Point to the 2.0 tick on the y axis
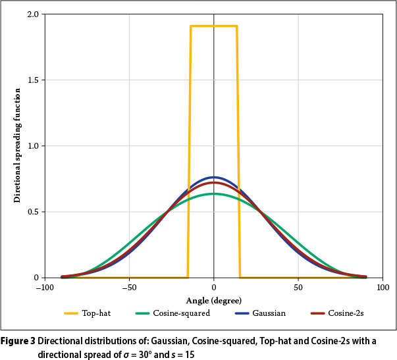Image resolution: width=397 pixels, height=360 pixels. pos(33,14)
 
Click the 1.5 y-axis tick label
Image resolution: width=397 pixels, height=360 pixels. pos(33,80)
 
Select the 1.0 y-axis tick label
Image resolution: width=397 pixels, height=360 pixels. pos(33,146)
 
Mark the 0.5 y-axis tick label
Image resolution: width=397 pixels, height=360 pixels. pos(33,212)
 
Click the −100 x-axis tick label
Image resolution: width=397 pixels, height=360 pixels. pos(44,288)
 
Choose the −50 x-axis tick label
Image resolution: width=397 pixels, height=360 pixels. pos(129,288)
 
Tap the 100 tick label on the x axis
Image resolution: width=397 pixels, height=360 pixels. pos(383,288)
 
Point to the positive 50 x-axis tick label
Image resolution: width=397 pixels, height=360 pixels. pos(298,288)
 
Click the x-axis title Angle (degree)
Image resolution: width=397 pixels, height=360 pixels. pos(213,300)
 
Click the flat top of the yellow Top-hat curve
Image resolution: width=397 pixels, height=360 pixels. pos(214,26)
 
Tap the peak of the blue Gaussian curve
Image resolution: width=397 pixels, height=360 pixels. pos(214,177)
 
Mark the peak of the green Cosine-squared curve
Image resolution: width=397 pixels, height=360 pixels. pos(214,194)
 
